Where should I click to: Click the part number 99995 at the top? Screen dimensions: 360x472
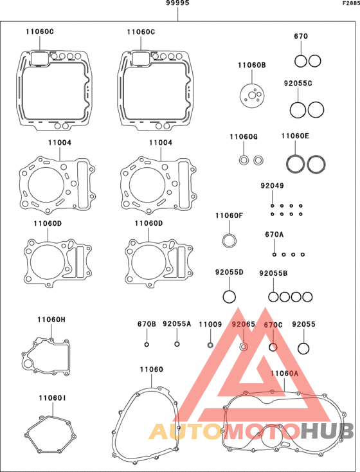pyautogui.click(x=177, y=3)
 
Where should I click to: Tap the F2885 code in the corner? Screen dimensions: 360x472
pyautogui.click(x=351, y=4)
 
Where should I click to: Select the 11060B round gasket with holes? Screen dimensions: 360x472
pyautogui.click(x=252, y=95)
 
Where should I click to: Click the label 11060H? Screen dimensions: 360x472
pyautogui.click(x=51, y=320)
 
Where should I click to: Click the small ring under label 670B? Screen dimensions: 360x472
pyautogui.click(x=147, y=345)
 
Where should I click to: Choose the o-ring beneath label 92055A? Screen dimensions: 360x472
pyautogui.click(x=177, y=344)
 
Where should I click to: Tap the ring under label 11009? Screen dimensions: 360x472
pyautogui.click(x=210, y=345)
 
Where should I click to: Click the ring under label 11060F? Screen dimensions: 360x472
pyautogui.click(x=229, y=235)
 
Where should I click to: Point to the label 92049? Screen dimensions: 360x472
pyautogui.click(x=272, y=186)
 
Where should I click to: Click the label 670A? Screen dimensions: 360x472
pyautogui.click(x=274, y=234)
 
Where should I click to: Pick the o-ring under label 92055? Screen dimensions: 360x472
pyautogui.click(x=303, y=343)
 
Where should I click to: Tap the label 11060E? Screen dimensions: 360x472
pyautogui.click(x=295, y=136)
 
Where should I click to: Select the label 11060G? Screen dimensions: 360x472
pyautogui.click(x=244, y=137)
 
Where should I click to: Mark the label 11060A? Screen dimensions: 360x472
pyautogui.click(x=284, y=374)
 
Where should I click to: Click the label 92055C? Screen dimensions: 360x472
pyautogui.click(x=298, y=83)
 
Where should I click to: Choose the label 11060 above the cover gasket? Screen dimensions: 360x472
pyautogui.click(x=152, y=369)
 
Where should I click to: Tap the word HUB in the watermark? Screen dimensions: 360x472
pyautogui.click(x=327, y=431)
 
